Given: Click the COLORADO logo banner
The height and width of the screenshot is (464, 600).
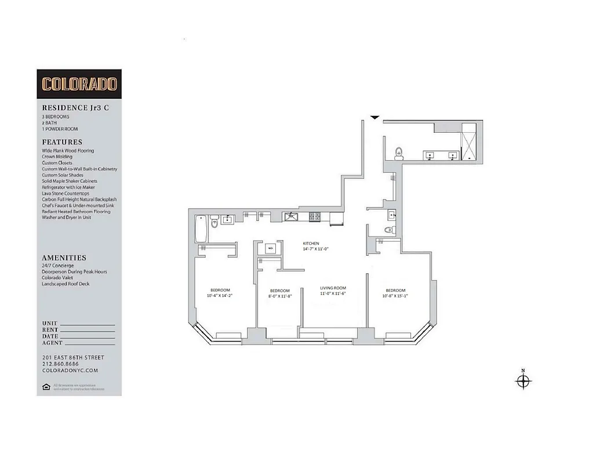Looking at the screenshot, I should tap(79, 84).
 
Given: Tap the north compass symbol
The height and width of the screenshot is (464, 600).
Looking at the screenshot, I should tap(523, 380).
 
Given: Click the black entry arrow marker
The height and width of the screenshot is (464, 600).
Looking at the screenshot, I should tap(375, 118).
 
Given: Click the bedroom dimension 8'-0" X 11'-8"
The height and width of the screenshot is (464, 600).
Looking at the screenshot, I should tap(279, 297).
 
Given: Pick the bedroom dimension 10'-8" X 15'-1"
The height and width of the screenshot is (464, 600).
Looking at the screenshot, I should tap(395, 296).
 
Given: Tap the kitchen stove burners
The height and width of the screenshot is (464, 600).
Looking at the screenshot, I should tap(315, 217).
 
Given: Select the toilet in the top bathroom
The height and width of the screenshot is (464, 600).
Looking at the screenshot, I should tap(398, 154).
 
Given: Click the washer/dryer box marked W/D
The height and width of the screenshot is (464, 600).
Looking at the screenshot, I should tap(270, 248).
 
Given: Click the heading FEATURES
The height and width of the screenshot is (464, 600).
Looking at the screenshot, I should tap(62, 142).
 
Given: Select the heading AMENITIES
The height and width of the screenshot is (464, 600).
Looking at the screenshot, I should tap(64, 258).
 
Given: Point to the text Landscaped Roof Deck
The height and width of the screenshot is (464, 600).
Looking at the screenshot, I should tap(66, 284).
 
